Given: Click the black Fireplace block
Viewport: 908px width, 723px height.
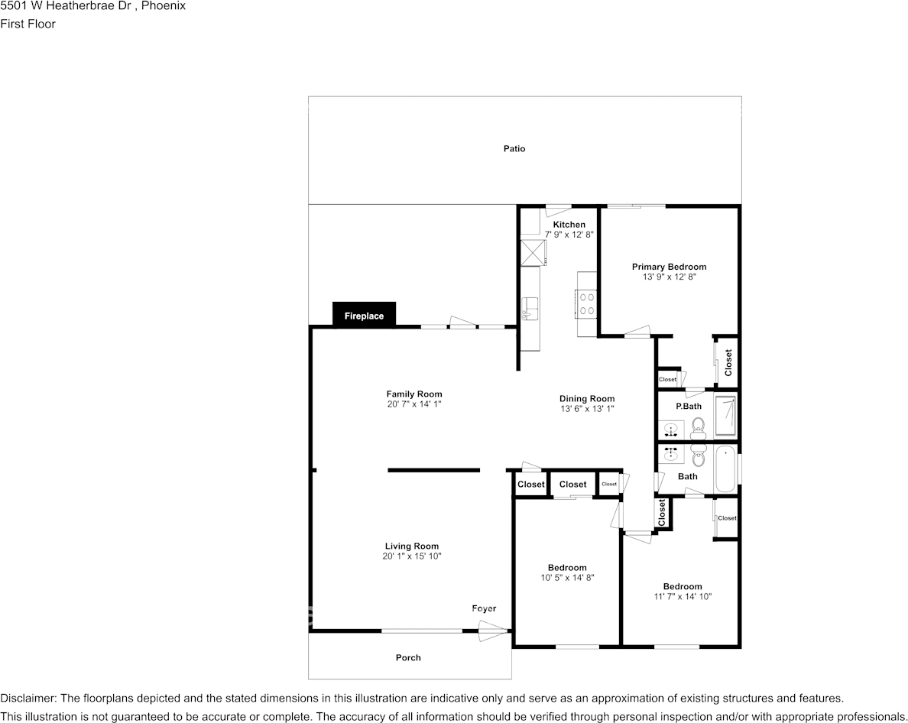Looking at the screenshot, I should [x=364, y=315].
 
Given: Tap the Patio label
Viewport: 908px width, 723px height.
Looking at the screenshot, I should [x=514, y=149].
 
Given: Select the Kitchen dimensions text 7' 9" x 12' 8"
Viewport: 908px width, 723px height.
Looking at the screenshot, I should [x=569, y=235].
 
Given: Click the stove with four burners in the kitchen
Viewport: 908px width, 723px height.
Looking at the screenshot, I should [x=585, y=303].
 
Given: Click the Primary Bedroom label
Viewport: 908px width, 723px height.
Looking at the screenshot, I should [x=669, y=267].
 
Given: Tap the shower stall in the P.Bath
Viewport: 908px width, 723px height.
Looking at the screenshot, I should [x=726, y=415].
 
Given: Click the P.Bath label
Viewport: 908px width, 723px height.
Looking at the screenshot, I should [x=689, y=406].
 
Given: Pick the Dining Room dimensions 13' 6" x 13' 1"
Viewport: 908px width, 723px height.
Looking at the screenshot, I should [x=587, y=409].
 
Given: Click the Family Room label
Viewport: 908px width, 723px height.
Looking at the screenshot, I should [x=414, y=394].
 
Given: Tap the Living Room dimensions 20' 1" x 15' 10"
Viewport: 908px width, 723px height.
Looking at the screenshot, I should [x=412, y=556].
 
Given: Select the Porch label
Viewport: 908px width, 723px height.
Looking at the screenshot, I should [x=408, y=658].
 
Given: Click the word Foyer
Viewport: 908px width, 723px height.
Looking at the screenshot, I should [x=484, y=609].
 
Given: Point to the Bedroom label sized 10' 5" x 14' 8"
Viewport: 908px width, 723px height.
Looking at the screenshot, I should [x=567, y=568].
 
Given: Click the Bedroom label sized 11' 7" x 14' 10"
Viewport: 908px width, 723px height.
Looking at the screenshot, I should [x=683, y=587].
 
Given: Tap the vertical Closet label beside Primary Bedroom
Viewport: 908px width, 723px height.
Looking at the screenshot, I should [x=728, y=362].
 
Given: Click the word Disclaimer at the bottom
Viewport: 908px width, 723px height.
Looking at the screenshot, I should [x=28, y=699].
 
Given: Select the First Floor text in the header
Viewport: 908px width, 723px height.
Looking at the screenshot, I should [x=28, y=24].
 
